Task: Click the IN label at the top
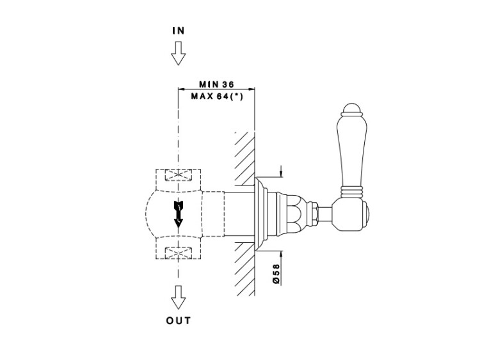[x=179, y=31]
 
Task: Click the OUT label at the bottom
[x=179, y=320]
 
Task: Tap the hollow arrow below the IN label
[x=179, y=54]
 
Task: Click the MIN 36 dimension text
[x=216, y=84]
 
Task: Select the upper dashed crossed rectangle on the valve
[x=179, y=176]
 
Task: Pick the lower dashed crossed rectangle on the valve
[x=179, y=252]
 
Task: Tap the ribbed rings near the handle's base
[x=353, y=191]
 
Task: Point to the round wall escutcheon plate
[x=261, y=211]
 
